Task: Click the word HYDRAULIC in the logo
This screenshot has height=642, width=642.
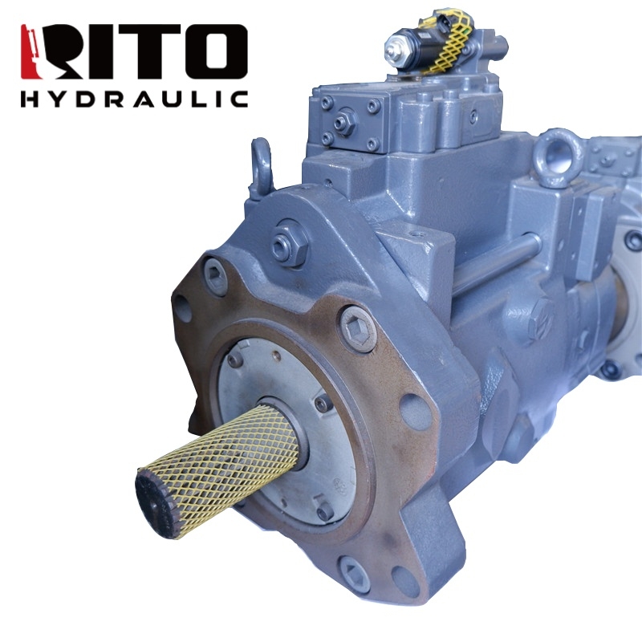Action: click(x=134, y=99)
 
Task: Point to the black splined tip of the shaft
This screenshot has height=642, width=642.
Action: click(x=156, y=504)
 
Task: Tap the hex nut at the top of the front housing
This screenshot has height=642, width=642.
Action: click(x=290, y=245)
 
